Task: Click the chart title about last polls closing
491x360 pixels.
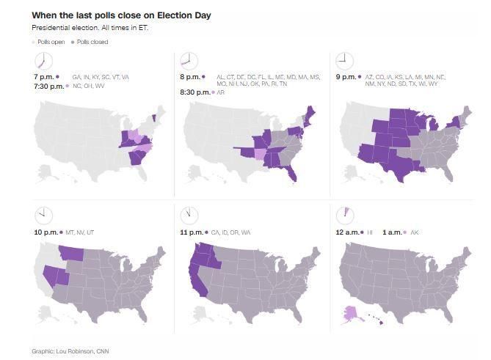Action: coord(121,15)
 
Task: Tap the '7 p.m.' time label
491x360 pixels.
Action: coord(43,76)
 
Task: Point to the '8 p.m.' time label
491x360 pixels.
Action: coord(190,76)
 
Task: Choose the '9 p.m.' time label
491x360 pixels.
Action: coord(346,76)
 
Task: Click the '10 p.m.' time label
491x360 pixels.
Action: coord(45,232)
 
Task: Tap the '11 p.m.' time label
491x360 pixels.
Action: coord(192,232)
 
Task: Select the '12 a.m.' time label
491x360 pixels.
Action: coord(347,232)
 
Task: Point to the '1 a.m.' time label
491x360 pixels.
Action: coord(392,232)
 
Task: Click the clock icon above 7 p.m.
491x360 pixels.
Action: coord(43,61)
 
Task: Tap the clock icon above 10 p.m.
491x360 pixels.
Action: coord(43,216)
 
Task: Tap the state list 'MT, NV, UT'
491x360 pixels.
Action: coord(80,232)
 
